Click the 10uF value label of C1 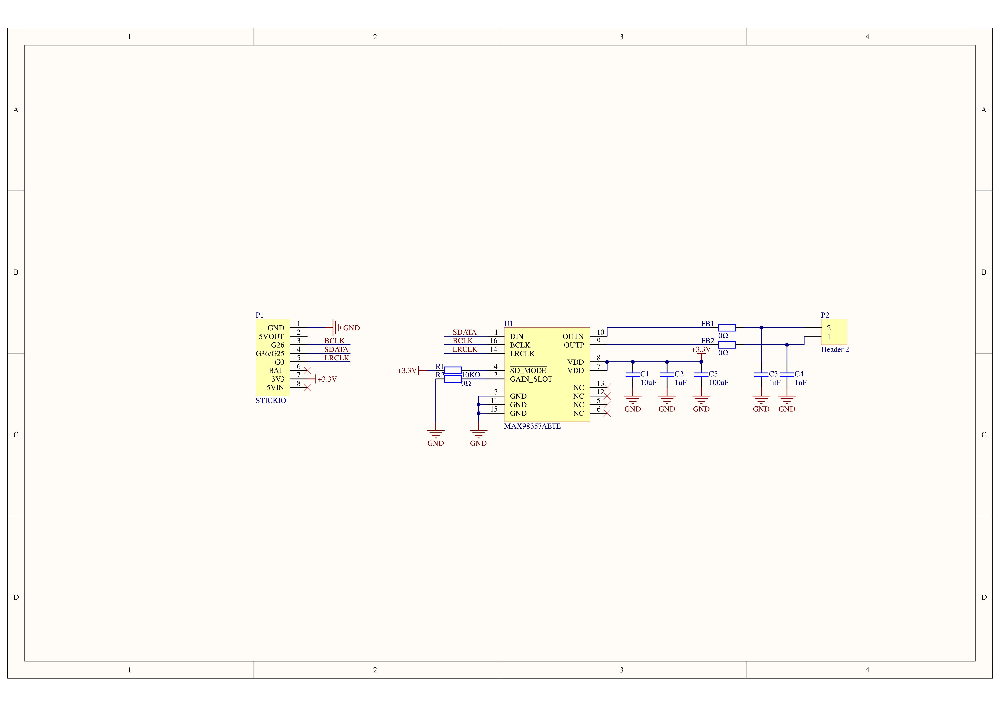[x=648, y=383]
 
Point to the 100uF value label [x=719, y=383]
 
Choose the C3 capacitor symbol [x=761, y=374]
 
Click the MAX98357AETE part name [x=532, y=426]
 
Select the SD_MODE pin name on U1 [x=528, y=370]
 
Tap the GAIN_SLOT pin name [x=531, y=379]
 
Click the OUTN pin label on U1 [x=573, y=337]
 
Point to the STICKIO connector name [x=271, y=401]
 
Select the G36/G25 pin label [x=270, y=353]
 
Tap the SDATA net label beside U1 [x=464, y=332]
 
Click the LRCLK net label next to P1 [x=337, y=358]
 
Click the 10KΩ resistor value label [x=471, y=375]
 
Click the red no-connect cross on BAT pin [x=307, y=370]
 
